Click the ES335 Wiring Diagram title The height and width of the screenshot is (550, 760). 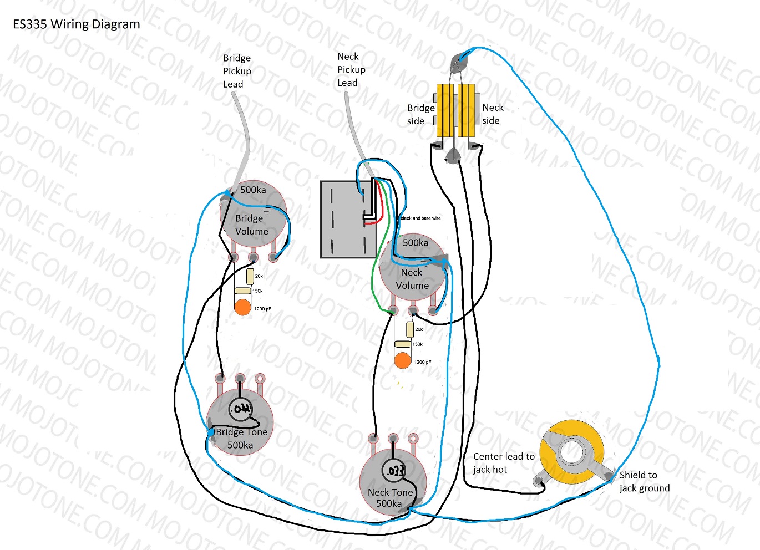77,24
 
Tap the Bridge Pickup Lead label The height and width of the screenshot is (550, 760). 237,71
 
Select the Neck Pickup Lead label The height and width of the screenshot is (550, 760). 351,69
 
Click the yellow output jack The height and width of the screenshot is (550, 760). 572,452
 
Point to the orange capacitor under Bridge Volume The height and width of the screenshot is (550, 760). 242,307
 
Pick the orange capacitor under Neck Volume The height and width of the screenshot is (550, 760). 402,360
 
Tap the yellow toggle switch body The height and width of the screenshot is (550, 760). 455,110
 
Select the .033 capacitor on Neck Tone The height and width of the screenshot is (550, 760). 394,471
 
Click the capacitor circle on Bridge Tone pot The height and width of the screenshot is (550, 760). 240,409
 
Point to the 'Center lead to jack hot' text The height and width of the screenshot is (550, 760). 504,463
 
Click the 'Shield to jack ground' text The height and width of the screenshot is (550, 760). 644,481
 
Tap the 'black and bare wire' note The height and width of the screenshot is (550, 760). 420,218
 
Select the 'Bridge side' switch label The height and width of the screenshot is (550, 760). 420,114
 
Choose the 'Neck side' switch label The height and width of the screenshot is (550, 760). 493,114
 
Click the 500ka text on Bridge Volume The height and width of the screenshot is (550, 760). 253,190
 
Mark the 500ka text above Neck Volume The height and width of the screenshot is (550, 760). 416,242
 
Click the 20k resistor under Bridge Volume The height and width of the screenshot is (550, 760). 250,276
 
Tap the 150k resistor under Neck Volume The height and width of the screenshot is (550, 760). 403,344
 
